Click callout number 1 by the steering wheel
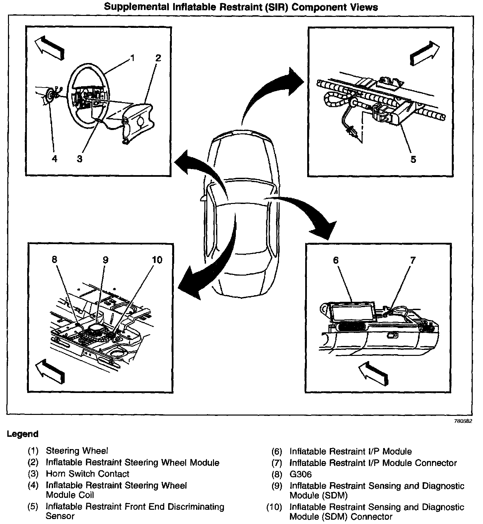coord(132,58)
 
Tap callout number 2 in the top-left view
coord(158,58)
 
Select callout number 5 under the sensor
coord(413,159)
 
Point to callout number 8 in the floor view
coord(54,260)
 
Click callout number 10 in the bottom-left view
coord(157,260)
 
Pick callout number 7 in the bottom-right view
coord(412,260)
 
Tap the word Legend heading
coord(23,434)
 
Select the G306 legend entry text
coord(301,474)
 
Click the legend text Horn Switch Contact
coord(87,474)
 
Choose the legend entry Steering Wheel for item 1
coord(77,451)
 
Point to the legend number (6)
coord(277,451)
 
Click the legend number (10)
coord(274,507)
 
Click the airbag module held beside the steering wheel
coord(136,119)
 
